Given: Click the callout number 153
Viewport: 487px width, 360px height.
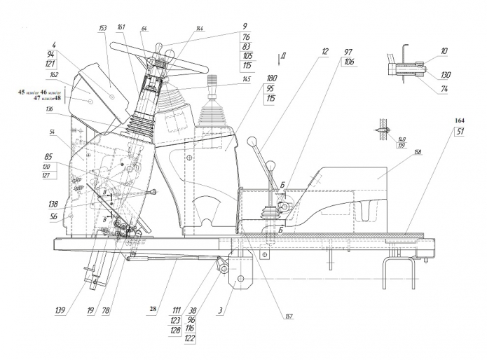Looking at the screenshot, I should (x=102, y=28).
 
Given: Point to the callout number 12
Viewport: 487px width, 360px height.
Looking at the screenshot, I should (x=324, y=52).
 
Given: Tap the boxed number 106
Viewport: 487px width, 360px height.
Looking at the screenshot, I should (x=348, y=63).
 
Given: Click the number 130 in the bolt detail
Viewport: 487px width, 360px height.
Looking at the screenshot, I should (x=446, y=76).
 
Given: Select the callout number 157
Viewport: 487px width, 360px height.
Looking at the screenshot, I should (x=288, y=317).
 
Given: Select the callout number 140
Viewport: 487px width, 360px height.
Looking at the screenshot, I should (x=402, y=139).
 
